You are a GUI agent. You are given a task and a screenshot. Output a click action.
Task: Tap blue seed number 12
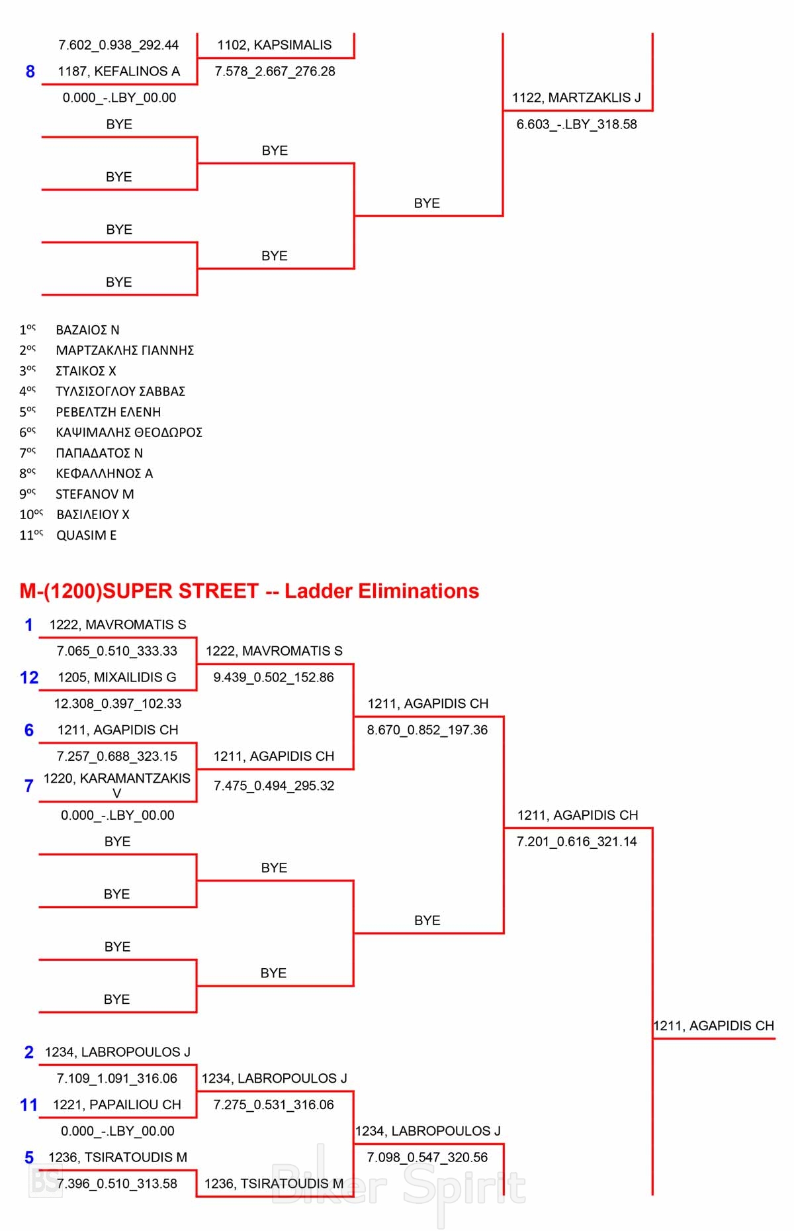pyautogui.click(x=29, y=677)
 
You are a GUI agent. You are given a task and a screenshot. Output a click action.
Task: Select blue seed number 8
pyautogui.click(x=30, y=72)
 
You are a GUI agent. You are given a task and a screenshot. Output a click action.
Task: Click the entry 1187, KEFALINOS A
pyautogui.click(x=118, y=72)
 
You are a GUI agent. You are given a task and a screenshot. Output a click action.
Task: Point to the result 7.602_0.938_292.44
pyautogui.click(x=118, y=45)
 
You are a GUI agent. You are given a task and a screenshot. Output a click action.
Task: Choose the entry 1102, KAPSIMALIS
pyautogui.click(x=275, y=45)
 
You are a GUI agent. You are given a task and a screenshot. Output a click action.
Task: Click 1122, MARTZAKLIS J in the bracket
pyautogui.click(x=576, y=97)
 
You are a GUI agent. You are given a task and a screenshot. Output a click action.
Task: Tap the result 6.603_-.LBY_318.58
pyautogui.click(x=576, y=124)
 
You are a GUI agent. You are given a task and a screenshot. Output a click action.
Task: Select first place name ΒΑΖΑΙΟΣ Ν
pyautogui.click(x=87, y=330)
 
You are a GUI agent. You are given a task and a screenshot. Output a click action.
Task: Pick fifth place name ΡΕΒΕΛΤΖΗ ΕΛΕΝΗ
pyautogui.click(x=108, y=412)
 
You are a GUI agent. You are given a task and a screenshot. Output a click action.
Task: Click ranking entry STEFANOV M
pyautogui.click(x=95, y=494)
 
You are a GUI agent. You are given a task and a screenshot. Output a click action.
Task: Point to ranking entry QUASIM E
pyautogui.click(x=86, y=535)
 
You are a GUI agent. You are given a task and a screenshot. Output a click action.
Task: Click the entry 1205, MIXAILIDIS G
pyautogui.click(x=117, y=677)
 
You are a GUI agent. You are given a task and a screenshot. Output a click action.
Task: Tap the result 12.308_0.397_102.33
pyautogui.click(x=117, y=704)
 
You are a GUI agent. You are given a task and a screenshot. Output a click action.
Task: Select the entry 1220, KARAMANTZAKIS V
pyautogui.click(x=117, y=785)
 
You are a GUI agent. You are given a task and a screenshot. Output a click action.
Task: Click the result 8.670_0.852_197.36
pyautogui.click(x=427, y=730)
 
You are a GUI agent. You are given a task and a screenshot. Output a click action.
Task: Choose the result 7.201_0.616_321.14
pyautogui.click(x=576, y=842)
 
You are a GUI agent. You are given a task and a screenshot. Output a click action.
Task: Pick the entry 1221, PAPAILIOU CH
pyautogui.click(x=117, y=1105)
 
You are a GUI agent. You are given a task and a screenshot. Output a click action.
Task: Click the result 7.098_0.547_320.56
pyautogui.click(x=427, y=1157)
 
